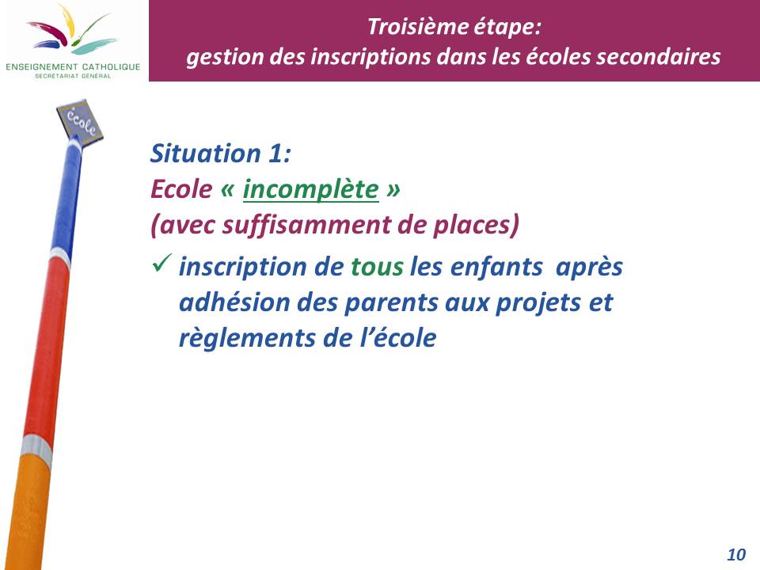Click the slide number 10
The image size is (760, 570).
(736, 554)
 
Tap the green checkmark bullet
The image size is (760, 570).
(161, 263)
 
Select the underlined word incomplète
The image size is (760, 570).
(310, 189)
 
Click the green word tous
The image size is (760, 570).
(377, 267)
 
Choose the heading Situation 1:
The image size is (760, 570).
(221, 153)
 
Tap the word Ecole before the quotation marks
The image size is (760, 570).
(181, 189)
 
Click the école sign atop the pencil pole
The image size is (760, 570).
(79, 122)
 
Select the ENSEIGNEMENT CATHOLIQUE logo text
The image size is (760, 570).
(73, 66)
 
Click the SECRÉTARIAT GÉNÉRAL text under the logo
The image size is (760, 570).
(73, 76)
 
